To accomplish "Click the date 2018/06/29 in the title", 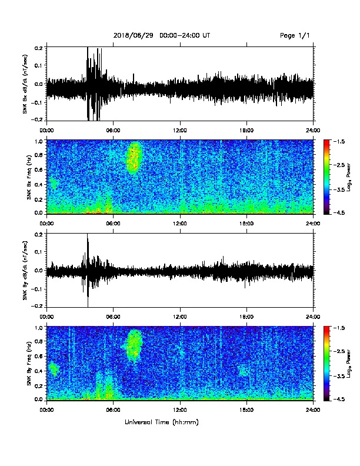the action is tap(134, 35).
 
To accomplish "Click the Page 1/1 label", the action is tap(295, 36).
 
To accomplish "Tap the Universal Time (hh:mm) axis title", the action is tap(162, 422).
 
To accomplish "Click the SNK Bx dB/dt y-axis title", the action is tap(25, 84).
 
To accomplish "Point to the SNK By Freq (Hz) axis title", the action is tap(29, 363).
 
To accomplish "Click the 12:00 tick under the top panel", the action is tap(180, 131).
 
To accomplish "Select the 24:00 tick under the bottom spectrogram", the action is tap(314, 410).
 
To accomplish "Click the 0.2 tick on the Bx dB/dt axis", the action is tap(39, 47).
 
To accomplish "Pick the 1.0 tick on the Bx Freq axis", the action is tap(39, 141).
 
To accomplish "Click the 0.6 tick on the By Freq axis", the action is tap(39, 356).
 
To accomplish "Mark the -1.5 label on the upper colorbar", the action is tap(339, 141).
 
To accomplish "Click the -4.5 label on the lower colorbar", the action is tap(339, 399).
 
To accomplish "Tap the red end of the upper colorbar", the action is tap(326, 141).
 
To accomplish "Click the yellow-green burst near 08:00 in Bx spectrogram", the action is tap(134, 158).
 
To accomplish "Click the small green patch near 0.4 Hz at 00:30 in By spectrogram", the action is tap(54, 369).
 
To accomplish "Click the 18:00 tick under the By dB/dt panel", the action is tap(246, 317).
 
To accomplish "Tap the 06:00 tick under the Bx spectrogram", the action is tap(113, 224).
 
